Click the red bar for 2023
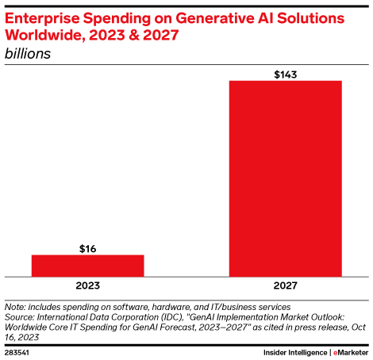87,266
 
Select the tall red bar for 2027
285,178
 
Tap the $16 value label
87,248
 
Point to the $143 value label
285,74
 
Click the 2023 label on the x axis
87,285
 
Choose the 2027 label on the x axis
285,285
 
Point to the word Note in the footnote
16,306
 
